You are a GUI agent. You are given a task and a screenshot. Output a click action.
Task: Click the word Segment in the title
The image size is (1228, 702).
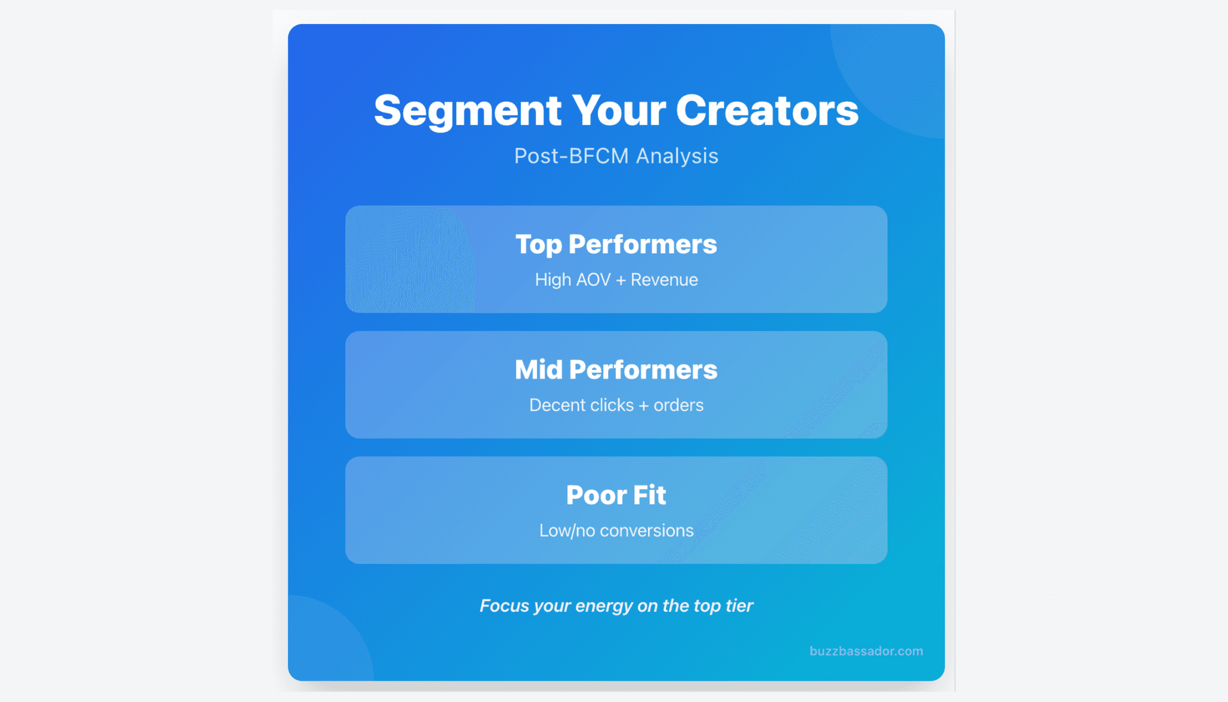tap(467, 110)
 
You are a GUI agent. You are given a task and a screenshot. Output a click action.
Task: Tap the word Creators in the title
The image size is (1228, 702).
tap(767, 110)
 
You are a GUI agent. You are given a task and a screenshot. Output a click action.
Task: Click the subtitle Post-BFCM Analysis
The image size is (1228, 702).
tap(616, 156)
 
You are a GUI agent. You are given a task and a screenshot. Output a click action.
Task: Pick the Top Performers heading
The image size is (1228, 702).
tap(616, 244)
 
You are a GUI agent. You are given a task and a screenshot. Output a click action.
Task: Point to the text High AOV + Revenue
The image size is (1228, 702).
tap(616, 279)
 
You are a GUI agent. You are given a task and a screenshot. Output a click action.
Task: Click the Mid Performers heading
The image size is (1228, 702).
tap(616, 369)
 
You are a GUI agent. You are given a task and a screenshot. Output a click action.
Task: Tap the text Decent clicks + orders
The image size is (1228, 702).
tap(616, 405)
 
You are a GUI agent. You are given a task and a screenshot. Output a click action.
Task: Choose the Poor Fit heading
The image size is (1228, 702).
tap(616, 494)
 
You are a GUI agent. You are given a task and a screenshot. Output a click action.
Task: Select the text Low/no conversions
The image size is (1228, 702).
tap(616, 530)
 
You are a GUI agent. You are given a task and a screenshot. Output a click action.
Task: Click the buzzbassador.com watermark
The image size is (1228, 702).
tap(866, 651)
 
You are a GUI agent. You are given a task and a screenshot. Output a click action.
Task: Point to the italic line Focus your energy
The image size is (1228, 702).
tap(616, 606)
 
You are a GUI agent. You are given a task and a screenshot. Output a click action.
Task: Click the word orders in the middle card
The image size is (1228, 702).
tap(678, 405)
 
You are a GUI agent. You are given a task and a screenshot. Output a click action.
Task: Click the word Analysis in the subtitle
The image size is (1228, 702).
tap(677, 156)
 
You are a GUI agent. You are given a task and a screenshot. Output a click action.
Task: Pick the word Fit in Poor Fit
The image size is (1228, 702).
tap(649, 494)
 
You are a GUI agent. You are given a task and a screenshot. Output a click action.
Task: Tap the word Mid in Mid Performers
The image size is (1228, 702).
tap(538, 369)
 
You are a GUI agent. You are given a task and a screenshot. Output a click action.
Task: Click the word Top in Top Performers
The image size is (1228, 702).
tap(538, 244)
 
